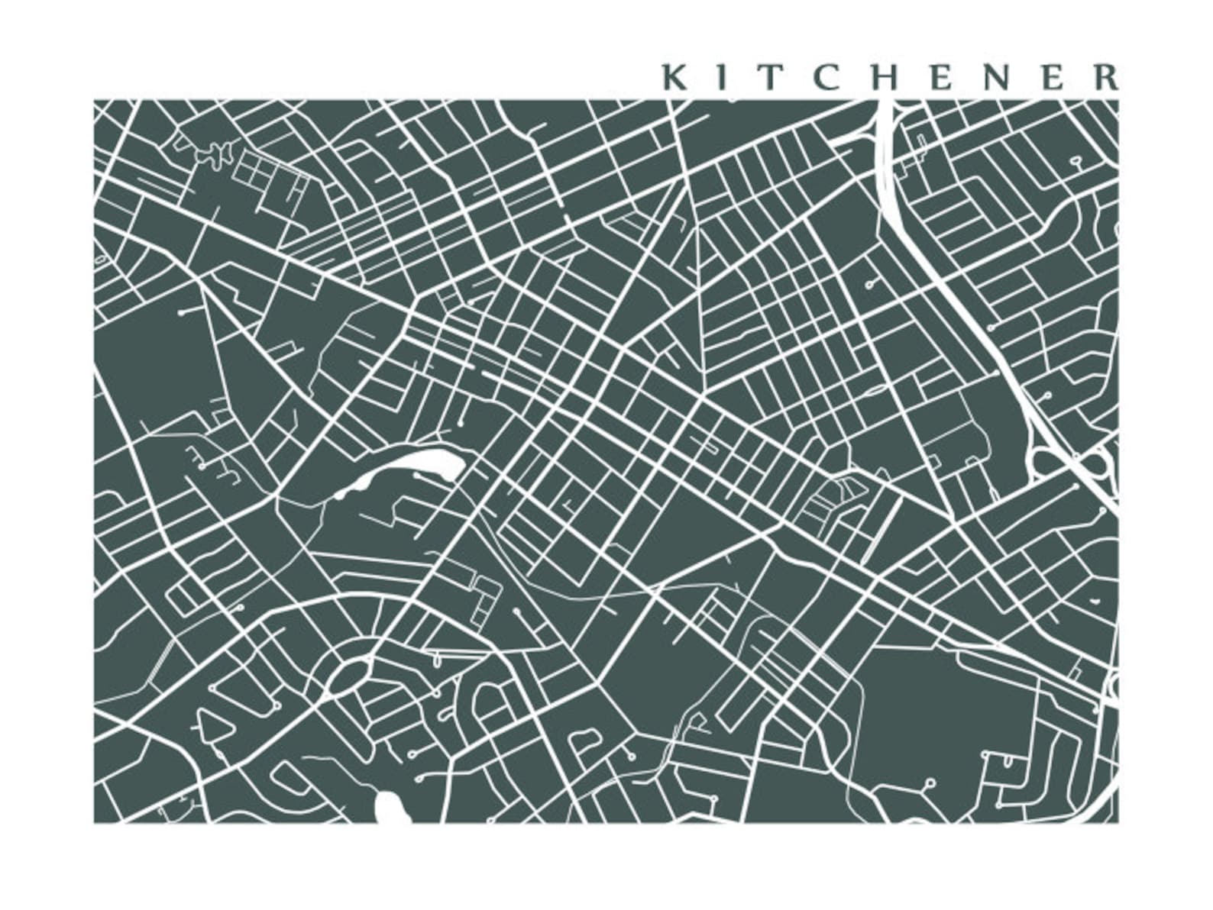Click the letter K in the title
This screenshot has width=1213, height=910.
[674, 77]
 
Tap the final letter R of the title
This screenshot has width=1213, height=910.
[1104, 77]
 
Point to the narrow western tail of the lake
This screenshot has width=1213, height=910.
[348, 489]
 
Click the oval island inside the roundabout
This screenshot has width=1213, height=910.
[349, 676]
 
